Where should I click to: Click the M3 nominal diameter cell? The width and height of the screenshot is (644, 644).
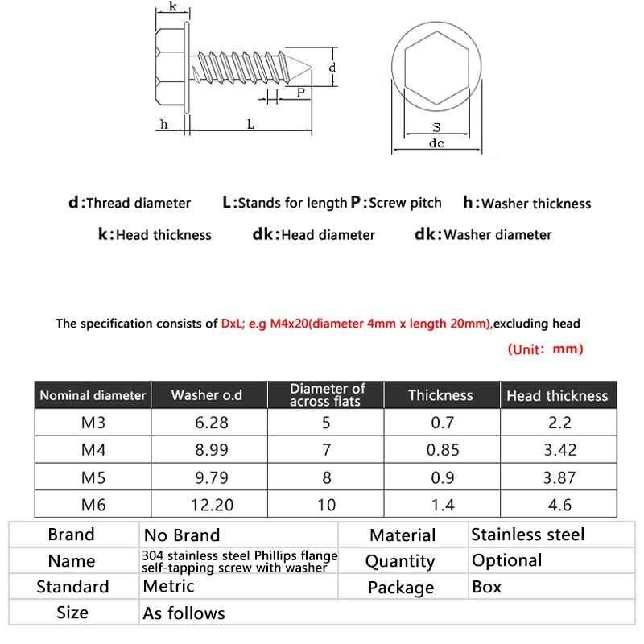(x=93, y=423)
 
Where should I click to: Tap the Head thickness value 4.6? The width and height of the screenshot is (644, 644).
(x=558, y=506)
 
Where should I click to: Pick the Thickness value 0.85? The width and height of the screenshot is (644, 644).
(x=443, y=450)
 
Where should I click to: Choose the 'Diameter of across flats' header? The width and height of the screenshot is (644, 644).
(x=327, y=394)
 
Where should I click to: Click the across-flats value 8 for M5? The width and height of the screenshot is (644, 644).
(x=327, y=477)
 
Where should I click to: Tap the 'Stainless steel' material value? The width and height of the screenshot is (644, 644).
(x=527, y=535)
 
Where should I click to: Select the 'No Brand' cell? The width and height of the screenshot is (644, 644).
(x=181, y=535)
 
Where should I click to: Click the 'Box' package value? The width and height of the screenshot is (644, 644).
(x=486, y=587)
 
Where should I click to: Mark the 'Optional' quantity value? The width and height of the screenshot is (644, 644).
(x=506, y=560)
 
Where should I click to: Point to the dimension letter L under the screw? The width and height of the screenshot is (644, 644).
(x=251, y=125)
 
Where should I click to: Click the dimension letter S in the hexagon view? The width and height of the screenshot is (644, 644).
(x=436, y=127)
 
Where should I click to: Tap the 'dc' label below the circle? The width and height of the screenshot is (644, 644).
(x=436, y=144)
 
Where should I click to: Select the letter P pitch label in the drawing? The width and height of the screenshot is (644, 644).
(x=300, y=93)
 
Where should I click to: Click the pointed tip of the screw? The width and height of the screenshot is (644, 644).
(x=311, y=69)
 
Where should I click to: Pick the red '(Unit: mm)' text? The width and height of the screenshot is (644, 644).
(x=545, y=349)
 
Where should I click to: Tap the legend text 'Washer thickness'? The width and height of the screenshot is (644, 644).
(x=535, y=204)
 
